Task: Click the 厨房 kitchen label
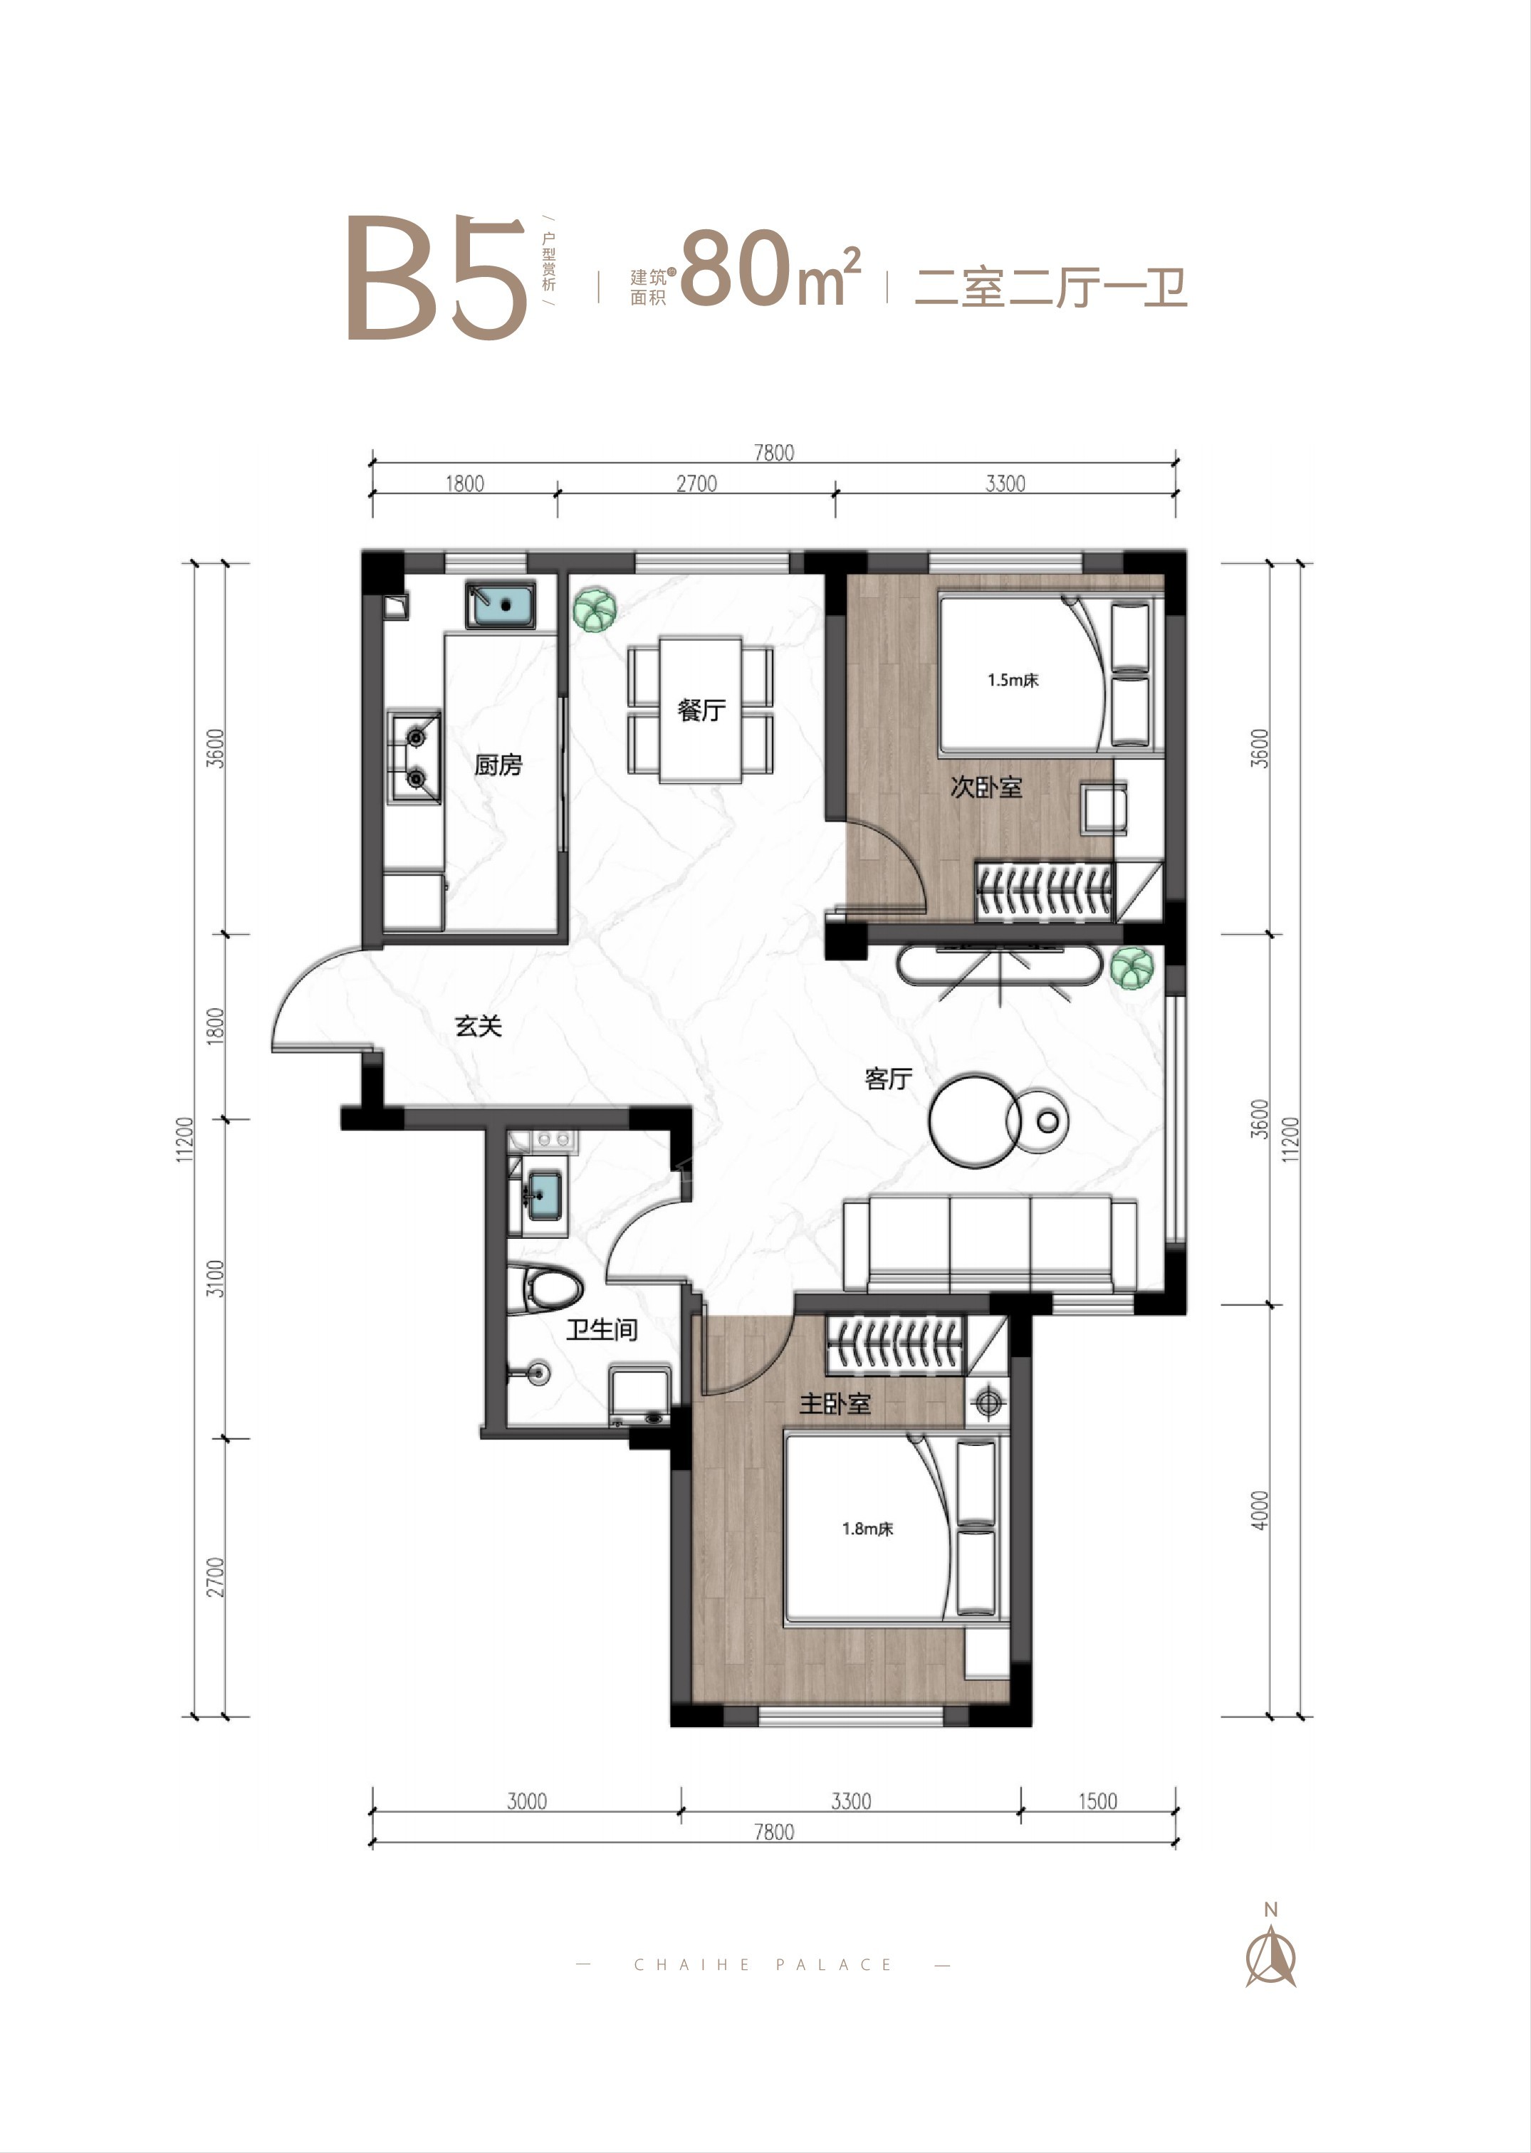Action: (x=498, y=765)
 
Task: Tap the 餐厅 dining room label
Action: (x=701, y=710)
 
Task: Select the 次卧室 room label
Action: (x=986, y=787)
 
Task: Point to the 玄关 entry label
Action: (x=479, y=1026)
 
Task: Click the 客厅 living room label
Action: (x=888, y=1079)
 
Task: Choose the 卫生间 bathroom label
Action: (x=602, y=1330)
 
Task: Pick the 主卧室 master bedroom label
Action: (x=835, y=1403)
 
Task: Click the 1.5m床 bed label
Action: (x=1013, y=680)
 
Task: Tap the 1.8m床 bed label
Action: (x=867, y=1529)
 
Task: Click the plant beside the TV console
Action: (x=1130, y=968)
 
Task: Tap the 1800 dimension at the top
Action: (x=465, y=483)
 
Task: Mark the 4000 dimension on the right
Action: (x=1260, y=1510)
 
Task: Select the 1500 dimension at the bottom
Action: (x=1097, y=1801)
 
